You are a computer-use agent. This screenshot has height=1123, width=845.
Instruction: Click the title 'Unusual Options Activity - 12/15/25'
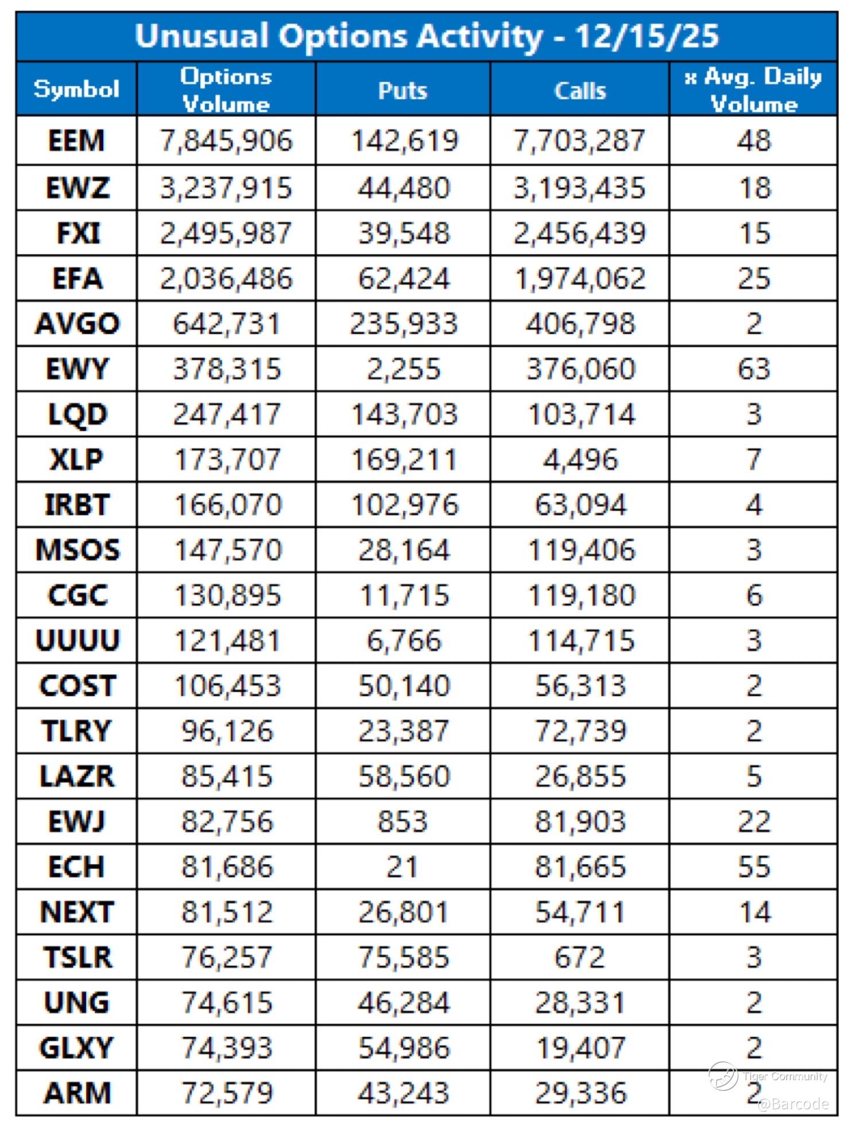point(426,36)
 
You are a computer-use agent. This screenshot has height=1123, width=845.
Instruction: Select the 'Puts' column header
point(402,90)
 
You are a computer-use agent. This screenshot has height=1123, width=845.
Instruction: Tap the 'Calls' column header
point(580,90)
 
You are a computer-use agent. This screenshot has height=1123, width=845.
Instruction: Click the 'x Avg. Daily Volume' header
point(753,90)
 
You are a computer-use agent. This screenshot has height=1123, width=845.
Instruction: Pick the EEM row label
point(76,141)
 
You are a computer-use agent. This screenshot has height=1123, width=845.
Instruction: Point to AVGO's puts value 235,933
point(404,324)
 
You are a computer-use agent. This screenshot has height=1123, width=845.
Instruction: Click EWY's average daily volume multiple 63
point(753,369)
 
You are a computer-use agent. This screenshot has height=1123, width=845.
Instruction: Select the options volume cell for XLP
point(227,460)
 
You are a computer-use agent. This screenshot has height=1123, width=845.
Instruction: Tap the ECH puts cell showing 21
point(402,866)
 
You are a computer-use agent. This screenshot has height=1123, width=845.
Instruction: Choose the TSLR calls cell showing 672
point(580,957)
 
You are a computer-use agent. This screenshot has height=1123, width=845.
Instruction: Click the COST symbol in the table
point(77,686)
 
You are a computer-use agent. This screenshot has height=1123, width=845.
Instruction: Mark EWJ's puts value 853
point(402,821)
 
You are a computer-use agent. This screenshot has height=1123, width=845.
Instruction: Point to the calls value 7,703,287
point(579,141)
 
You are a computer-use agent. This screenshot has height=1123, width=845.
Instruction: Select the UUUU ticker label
point(77,640)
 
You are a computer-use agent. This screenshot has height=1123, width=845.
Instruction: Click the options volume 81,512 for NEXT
point(227,912)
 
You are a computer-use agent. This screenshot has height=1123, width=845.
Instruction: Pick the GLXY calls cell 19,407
point(580,1048)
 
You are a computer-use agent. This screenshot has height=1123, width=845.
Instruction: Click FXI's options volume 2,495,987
point(226,234)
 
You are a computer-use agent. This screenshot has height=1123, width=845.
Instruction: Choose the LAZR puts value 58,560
point(404,776)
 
